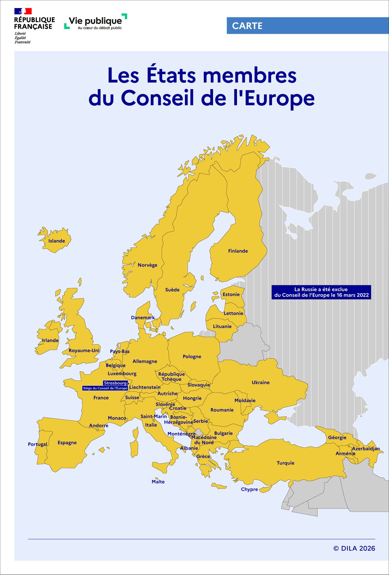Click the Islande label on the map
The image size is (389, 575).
[x=57, y=241]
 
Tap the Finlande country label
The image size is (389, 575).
[x=238, y=251]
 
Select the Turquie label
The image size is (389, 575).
[x=285, y=463]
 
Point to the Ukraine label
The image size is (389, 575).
[x=260, y=382]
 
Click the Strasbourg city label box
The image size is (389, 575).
[x=115, y=383]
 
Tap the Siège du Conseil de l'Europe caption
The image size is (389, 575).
[x=105, y=388]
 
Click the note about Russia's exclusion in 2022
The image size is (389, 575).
[x=321, y=292]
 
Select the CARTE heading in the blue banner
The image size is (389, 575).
[x=247, y=26]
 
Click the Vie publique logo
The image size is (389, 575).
[x=96, y=22]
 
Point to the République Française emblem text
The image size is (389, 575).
[x=34, y=23]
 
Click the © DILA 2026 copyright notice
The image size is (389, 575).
[x=354, y=548]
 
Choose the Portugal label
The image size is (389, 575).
[x=37, y=444]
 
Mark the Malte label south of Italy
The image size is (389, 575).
[x=158, y=482]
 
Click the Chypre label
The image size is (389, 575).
[x=249, y=489]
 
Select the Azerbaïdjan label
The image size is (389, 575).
[x=366, y=449]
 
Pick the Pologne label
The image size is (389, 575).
[x=192, y=356]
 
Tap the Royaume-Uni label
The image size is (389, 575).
[x=84, y=350]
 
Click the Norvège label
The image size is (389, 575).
[x=147, y=265]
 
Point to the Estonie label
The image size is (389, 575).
[x=231, y=295]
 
